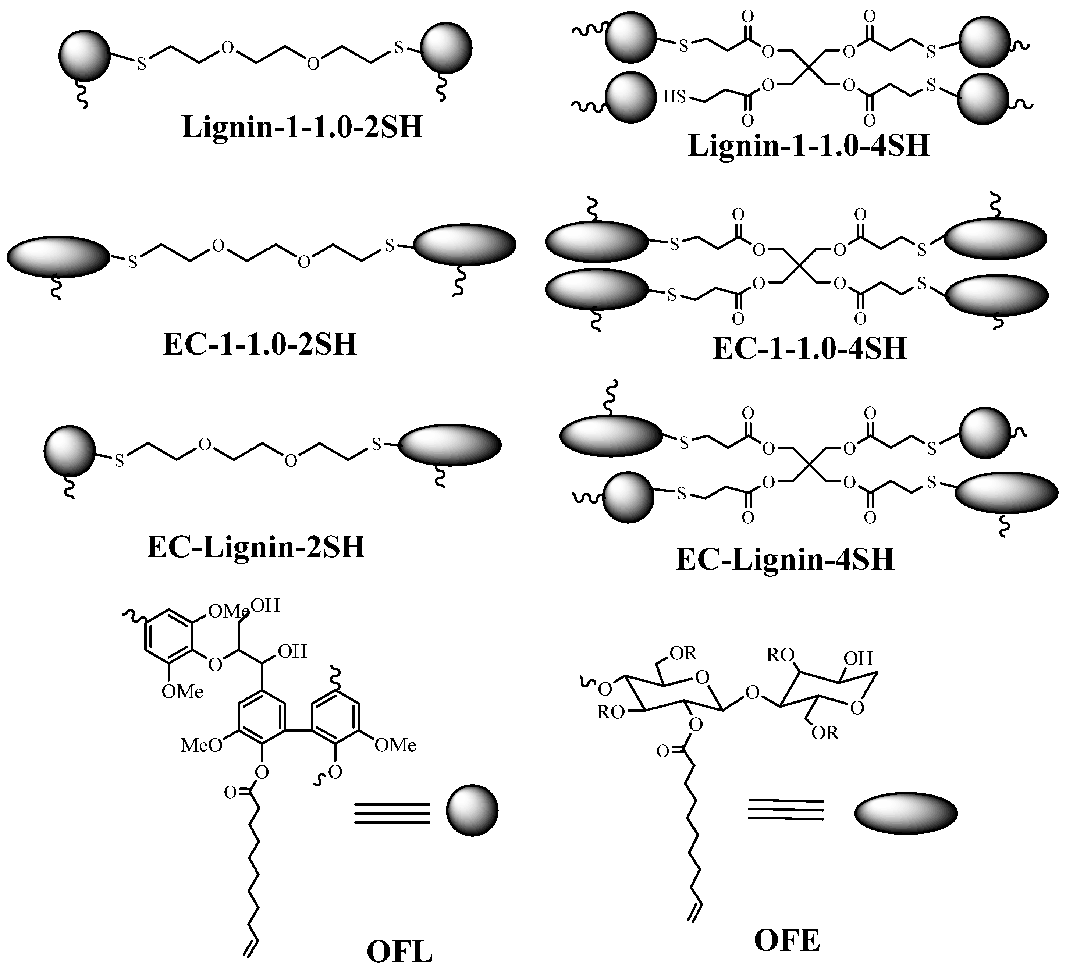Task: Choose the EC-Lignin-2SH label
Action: coord(256,547)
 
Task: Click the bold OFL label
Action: coord(400,952)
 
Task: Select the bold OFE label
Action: coord(787,941)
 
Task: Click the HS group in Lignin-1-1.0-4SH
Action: coord(674,97)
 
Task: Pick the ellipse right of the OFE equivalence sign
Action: coord(906,812)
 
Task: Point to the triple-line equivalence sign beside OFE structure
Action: coord(786,809)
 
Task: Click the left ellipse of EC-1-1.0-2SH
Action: coord(58,256)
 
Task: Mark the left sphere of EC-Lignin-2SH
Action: coord(69,450)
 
